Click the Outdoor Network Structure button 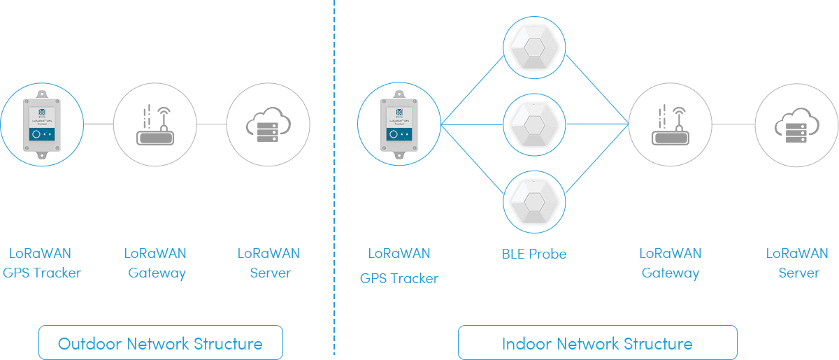(x=160, y=343)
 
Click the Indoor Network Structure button (x=597, y=343)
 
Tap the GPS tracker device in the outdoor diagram (x=42, y=124)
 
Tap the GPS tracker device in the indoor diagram (x=399, y=124)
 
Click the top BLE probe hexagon (x=534, y=48)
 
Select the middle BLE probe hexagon (x=534, y=124)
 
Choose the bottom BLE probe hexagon (x=534, y=201)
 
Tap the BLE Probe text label (x=534, y=254)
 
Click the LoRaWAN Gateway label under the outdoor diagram (x=156, y=263)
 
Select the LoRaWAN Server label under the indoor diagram (x=797, y=263)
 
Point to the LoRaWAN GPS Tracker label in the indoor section (x=399, y=266)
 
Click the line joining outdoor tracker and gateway (x=99, y=124)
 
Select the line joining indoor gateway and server (x=733, y=124)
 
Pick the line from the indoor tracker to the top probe (x=472, y=89)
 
